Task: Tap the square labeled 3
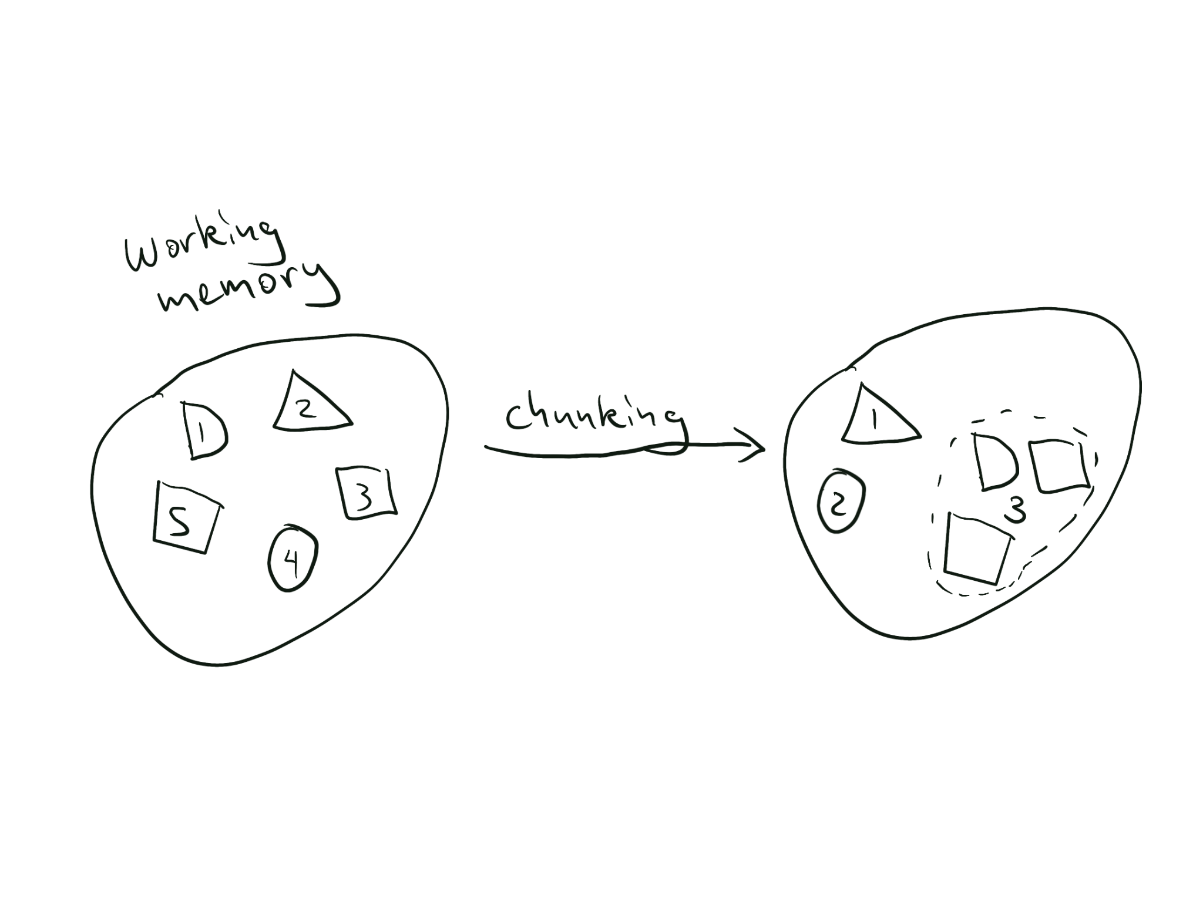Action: (365, 493)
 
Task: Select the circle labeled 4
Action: (293, 558)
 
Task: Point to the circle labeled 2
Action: (841, 500)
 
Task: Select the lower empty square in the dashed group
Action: (976, 548)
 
